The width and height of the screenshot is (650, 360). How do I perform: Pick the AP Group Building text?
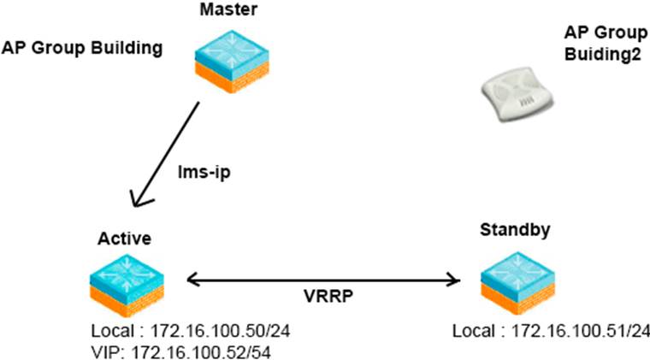point(82,48)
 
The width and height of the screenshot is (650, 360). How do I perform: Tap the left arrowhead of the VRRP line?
point(193,279)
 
